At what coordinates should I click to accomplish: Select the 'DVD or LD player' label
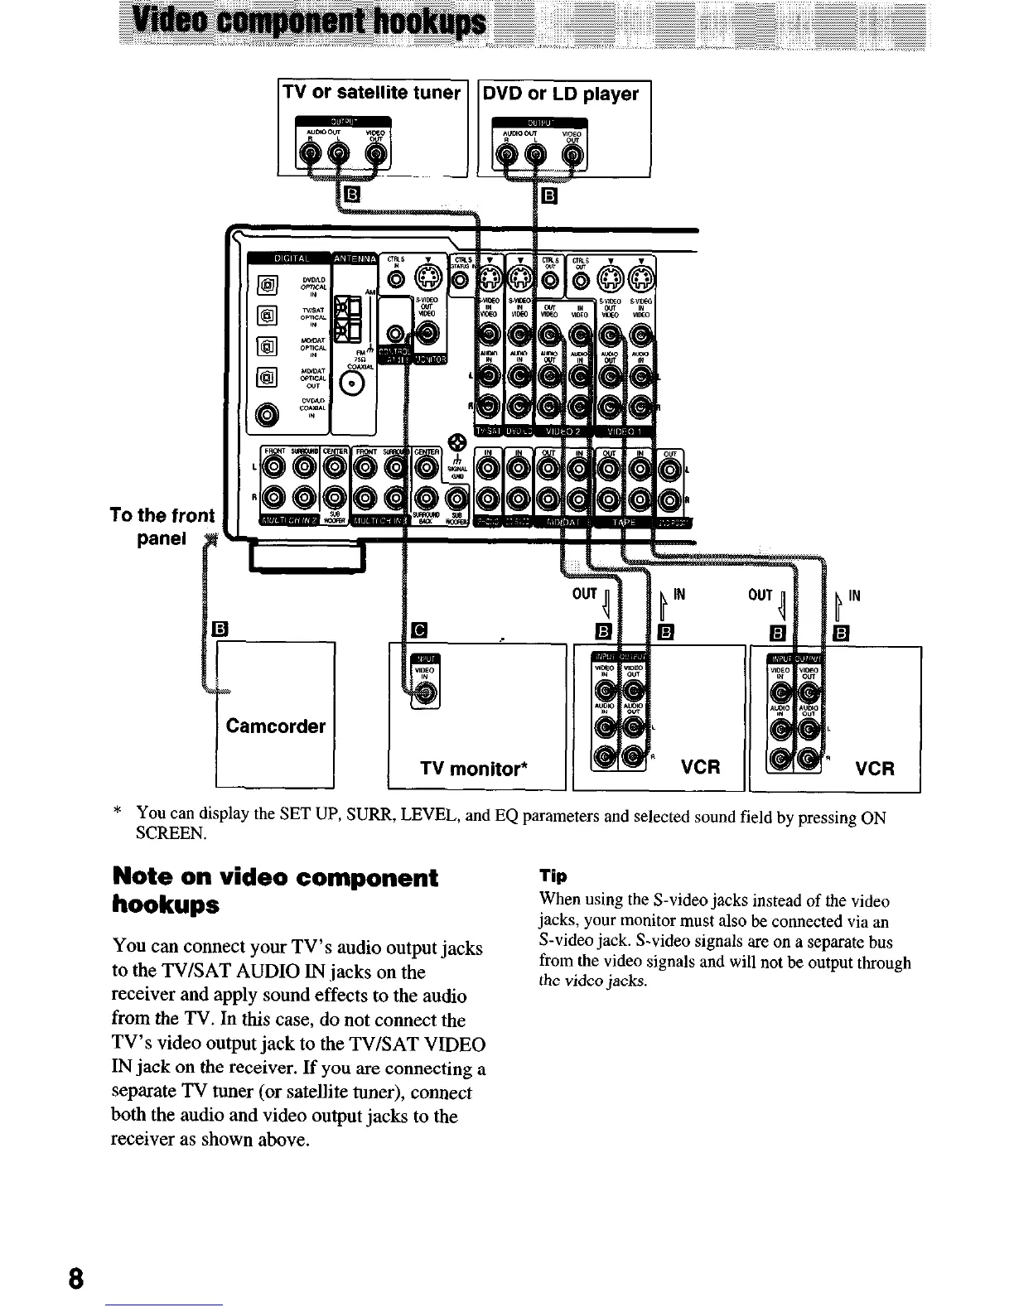pos(561,94)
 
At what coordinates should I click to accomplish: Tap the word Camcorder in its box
pos(275,726)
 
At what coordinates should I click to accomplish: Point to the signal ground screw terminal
pos(451,442)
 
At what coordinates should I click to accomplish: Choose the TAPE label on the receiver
pos(622,522)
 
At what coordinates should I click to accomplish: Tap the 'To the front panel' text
pos(162,527)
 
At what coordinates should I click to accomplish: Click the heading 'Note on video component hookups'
pos(275,890)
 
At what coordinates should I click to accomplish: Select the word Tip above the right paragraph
pos(553,876)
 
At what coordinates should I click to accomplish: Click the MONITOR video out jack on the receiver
pos(427,333)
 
